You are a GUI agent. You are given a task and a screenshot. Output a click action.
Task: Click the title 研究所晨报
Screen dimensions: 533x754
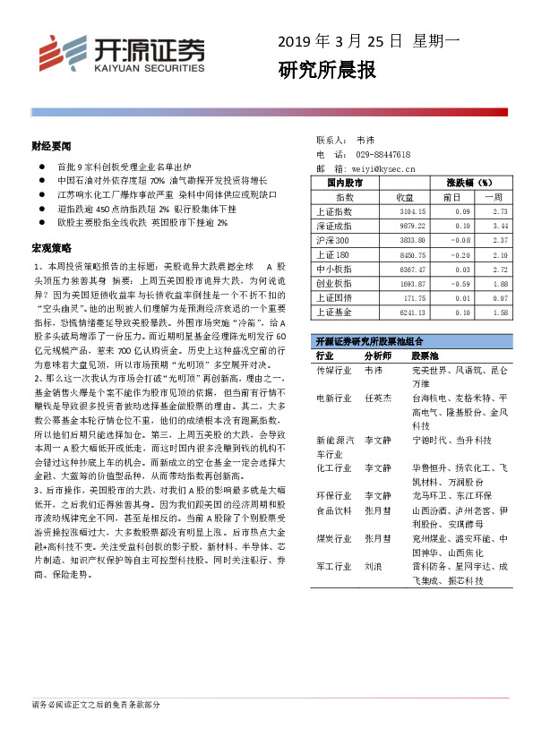click(326, 70)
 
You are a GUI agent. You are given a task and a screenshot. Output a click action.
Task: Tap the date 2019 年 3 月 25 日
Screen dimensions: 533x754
click(340, 39)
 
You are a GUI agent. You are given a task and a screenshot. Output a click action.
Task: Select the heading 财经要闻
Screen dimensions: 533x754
click(51, 144)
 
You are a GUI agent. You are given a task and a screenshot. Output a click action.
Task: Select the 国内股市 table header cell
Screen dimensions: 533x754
click(345, 182)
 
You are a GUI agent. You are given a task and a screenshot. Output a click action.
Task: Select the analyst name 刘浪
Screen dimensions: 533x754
click(374, 567)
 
